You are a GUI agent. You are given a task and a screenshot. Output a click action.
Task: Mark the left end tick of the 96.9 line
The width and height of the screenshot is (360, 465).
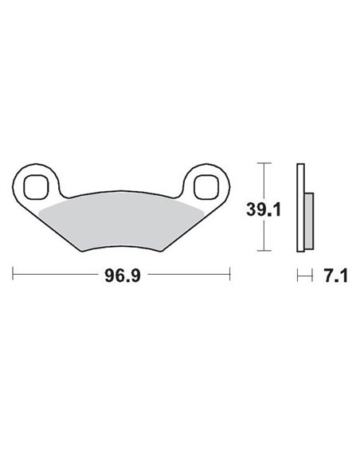(14, 276)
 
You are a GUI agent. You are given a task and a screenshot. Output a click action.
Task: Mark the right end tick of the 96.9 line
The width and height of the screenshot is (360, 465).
(230, 276)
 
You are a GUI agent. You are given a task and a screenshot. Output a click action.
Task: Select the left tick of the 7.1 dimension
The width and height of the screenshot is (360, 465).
(296, 276)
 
